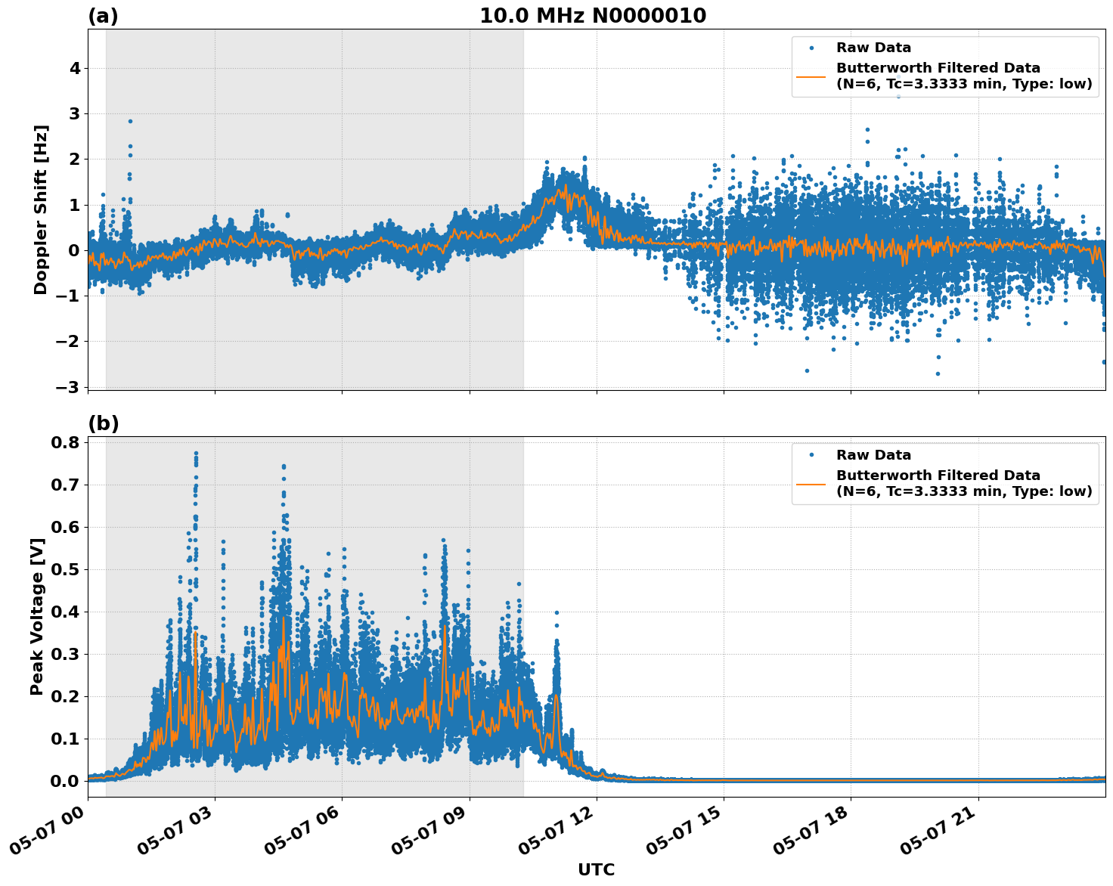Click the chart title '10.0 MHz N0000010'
click(593, 16)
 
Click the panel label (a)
click(103, 16)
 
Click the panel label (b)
click(103, 423)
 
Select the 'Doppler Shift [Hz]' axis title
click(41, 209)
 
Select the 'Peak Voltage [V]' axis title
click(37, 616)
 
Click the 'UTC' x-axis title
click(596, 869)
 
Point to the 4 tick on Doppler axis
click(75, 69)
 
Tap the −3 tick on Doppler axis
click(70, 387)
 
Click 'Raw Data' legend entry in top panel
click(873, 48)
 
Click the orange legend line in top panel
click(811, 76)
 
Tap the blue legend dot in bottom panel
click(811, 455)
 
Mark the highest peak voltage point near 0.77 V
click(196, 454)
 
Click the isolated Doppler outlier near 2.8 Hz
click(130, 121)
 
